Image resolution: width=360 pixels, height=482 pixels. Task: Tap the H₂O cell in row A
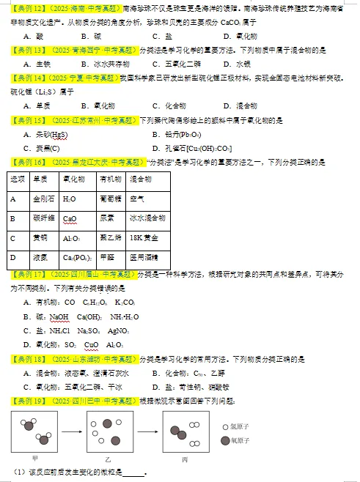[x=70, y=199]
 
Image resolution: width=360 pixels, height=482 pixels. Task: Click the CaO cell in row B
[x=70, y=218]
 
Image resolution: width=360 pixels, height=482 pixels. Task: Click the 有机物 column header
[x=110, y=179]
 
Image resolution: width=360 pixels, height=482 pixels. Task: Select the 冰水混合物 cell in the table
[x=147, y=218]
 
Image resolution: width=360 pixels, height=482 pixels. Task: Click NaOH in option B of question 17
[x=59, y=316]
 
